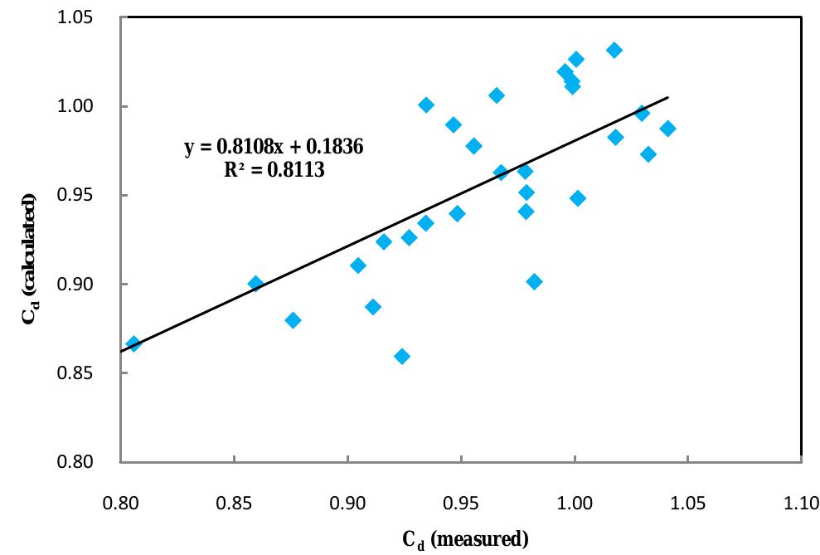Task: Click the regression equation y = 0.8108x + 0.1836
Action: point(274,148)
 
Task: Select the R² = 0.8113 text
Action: point(274,169)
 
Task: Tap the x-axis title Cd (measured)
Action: point(465,539)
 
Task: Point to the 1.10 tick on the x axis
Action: point(801,503)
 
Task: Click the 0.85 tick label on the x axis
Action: point(234,503)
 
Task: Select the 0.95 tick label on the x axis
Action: point(461,503)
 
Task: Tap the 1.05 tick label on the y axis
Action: point(75,17)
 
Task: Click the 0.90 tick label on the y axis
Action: point(75,284)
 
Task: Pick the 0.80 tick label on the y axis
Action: point(75,461)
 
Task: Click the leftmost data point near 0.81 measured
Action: point(133,343)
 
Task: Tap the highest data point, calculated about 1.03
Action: point(614,51)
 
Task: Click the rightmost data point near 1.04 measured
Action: point(667,129)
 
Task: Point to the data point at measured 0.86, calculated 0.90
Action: point(255,284)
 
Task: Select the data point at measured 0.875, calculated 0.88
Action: point(293,320)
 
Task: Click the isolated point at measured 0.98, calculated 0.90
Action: point(535,282)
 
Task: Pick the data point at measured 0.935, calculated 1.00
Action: point(426,105)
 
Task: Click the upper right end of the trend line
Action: point(667,97)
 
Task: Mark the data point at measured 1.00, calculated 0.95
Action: point(578,198)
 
